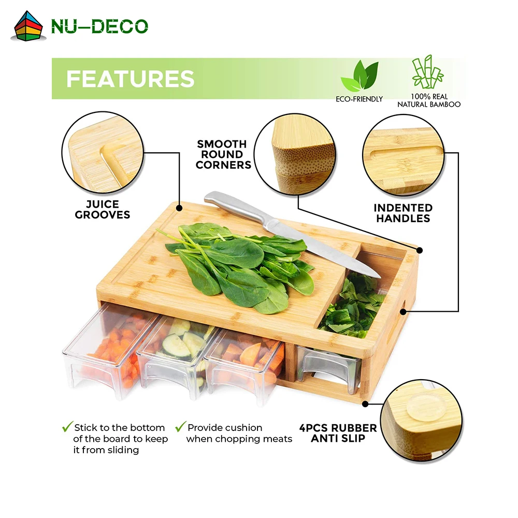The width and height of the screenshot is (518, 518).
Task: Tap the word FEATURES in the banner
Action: point(130,79)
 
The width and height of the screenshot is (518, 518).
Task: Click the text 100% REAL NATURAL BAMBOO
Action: point(429,100)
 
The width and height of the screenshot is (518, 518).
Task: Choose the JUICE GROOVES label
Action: point(103,209)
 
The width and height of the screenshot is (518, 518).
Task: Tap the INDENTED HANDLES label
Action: point(403,213)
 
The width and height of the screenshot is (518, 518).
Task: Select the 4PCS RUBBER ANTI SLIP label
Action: point(338,434)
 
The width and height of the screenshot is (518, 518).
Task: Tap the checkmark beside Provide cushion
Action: point(180,427)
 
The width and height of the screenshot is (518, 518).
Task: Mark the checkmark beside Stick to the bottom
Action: point(67,427)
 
